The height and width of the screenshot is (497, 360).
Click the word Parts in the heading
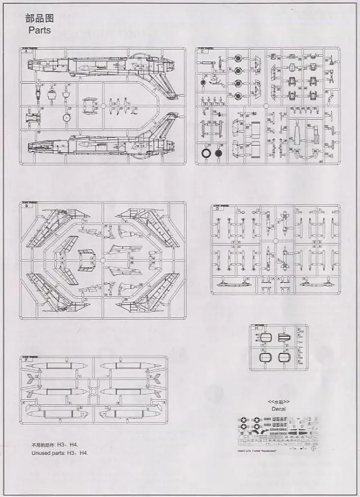[x=38, y=30]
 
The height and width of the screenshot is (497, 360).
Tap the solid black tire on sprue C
[x=218, y=153]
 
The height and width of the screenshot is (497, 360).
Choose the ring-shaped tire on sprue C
[x=206, y=153]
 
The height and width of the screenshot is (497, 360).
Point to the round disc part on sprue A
[x=67, y=118]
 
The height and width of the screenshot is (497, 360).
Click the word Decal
[x=277, y=409]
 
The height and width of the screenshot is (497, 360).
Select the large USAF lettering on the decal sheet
[x=277, y=420]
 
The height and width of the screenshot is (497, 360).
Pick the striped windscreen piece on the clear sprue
[x=284, y=338]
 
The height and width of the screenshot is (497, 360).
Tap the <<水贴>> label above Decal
[x=277, y=402]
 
